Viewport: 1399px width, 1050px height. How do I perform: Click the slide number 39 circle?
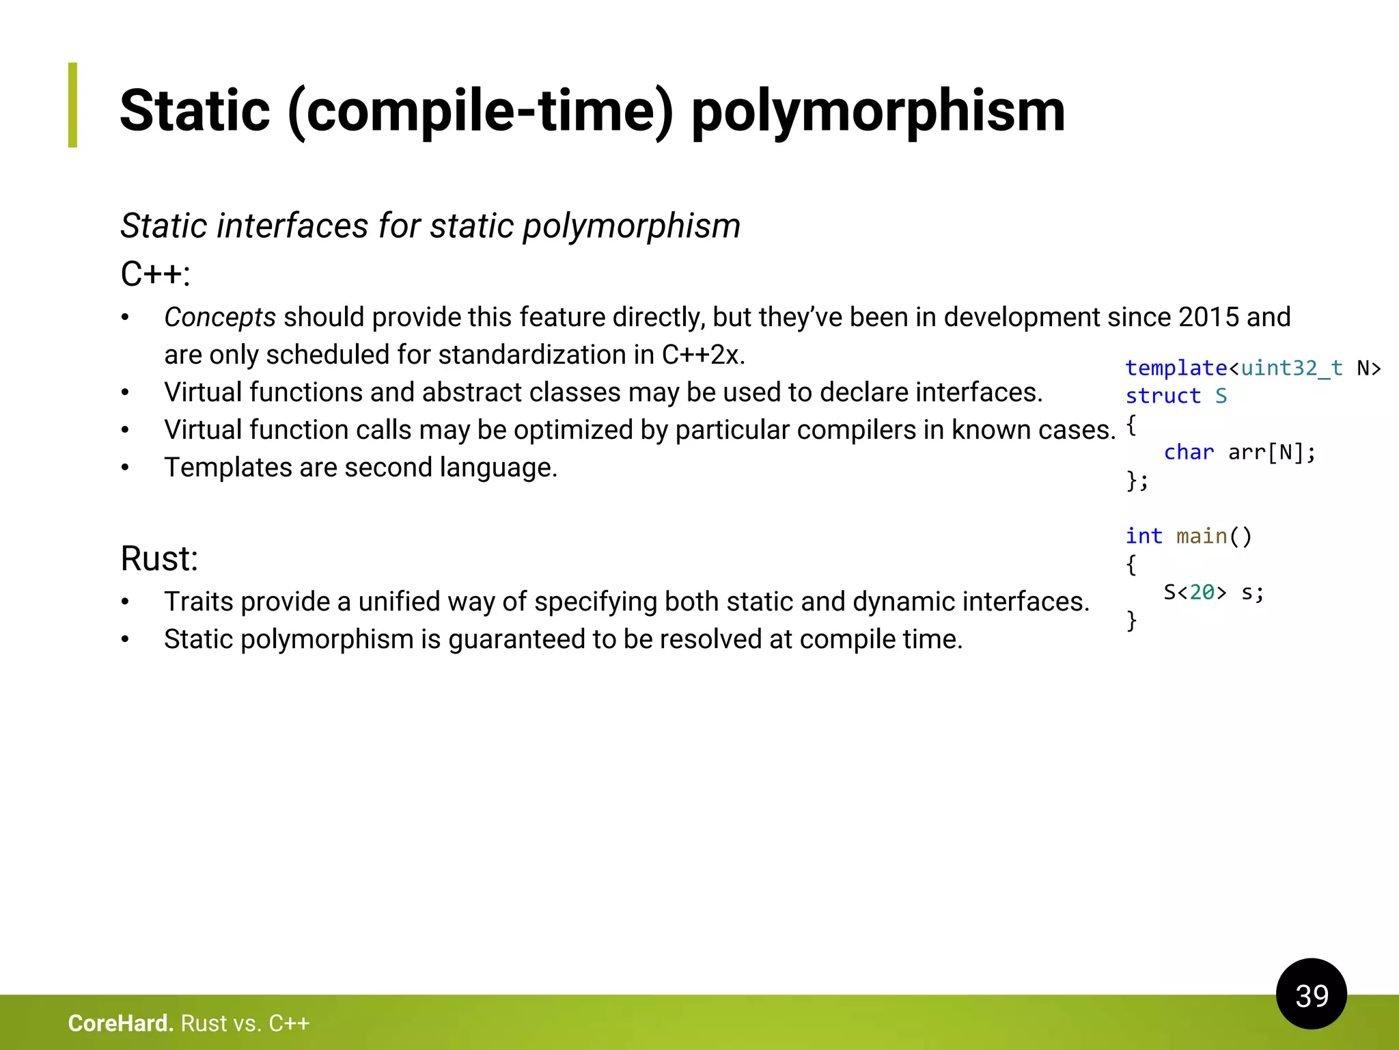(x=1311, y=994)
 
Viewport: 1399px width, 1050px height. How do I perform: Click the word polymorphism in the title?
(x=878, y=111)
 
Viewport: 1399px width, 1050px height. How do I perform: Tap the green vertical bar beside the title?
(x=73, y=105)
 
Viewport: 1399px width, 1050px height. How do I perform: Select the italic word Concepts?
(x=220, y=317)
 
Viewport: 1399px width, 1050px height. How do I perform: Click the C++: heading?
(x=155, y=274)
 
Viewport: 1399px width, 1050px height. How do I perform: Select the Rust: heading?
(x=159, y=558)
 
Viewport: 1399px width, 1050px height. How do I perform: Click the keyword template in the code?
(x=1176, y=368)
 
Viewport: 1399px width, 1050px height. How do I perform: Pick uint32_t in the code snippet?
(x=1291, y=368)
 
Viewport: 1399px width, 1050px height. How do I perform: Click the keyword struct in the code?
(x=1163, y=396)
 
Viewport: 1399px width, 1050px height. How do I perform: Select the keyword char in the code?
(x=1189, y=453)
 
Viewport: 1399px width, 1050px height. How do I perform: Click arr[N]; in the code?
(x=1271, y=453)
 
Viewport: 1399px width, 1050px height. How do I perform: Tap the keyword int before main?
(x=1144, y=536)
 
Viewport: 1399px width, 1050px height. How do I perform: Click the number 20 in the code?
(x=1202, y=592)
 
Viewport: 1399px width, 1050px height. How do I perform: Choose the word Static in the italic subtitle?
(x=164, y=226)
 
